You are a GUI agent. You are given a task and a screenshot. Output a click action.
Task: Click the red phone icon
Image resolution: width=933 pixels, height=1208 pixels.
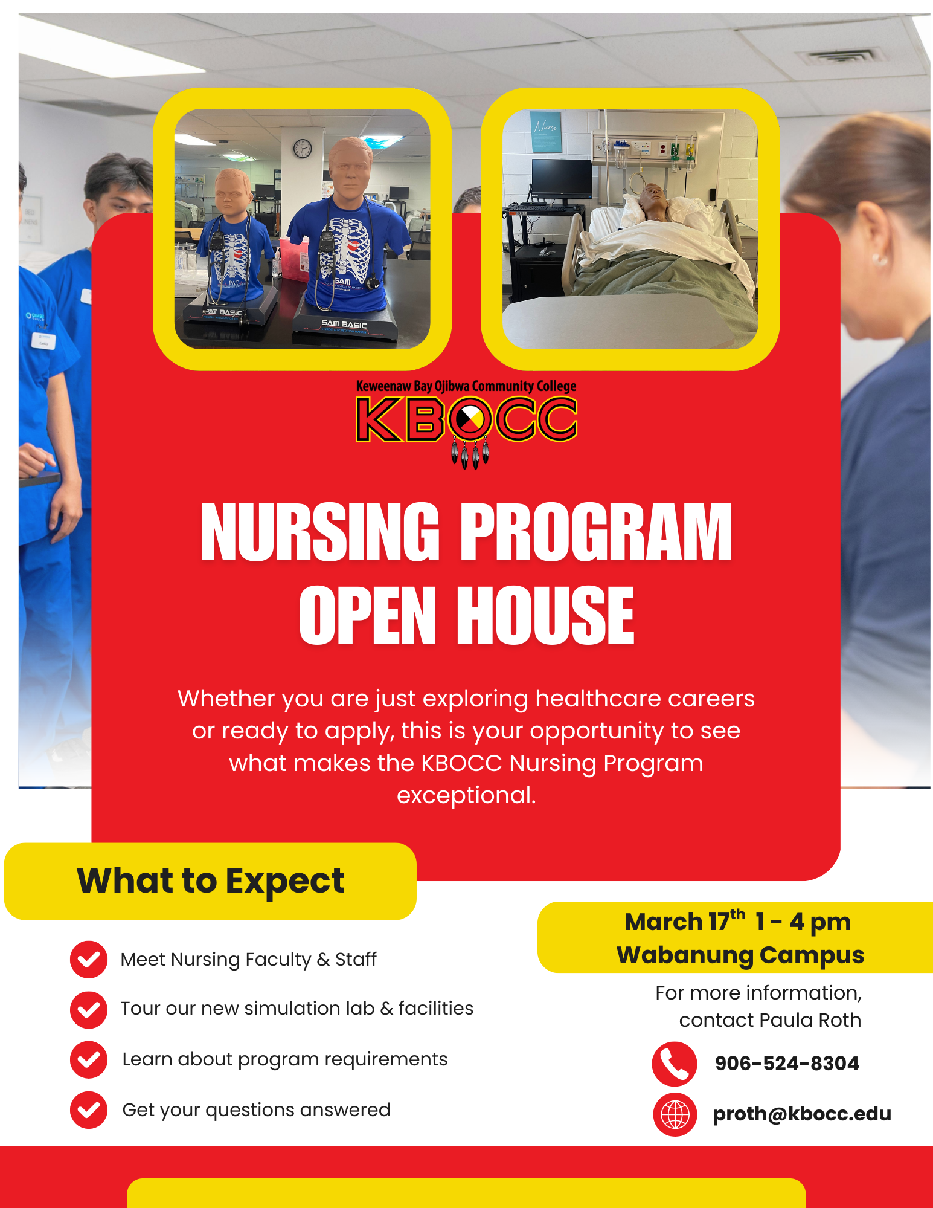pyautogui.click(x=675, y=1064)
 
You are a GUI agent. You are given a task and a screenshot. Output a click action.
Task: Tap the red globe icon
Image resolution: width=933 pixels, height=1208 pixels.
pyautogui.click(x=675, y=1114)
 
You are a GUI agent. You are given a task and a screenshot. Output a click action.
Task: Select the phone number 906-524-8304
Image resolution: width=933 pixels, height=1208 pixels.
pyautogui.click(x=787, y=1064)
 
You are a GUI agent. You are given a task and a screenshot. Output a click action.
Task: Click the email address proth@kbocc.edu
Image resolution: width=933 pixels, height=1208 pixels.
pyautogui.click(x=802, y=1114)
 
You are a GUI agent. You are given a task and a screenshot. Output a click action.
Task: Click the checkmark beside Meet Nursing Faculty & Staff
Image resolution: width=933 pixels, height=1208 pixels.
pyautogui.click(x=89, y=959)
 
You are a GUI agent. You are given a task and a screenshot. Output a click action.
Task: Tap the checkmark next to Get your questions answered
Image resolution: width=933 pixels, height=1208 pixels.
pyautogui.click(x=89, y=1110)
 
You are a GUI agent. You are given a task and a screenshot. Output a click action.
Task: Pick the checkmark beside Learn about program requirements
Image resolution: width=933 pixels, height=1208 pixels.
pyautogui.click(x=89, y=1059)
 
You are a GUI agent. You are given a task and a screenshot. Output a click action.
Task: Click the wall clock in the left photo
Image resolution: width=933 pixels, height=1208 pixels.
pyautogui.click(x=303, y=148)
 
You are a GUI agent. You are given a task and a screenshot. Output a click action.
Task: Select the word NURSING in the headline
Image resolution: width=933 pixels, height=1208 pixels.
pyautogui.click(x=320, y=532)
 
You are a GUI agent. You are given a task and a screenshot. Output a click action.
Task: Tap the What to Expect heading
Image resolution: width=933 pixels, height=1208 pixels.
pyautogui.click(x=210, y=880)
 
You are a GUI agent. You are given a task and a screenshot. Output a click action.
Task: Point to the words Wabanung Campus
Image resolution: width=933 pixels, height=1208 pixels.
pyautogui.click(x=740, y=955)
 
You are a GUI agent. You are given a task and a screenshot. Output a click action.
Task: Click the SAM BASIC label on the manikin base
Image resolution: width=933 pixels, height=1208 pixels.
pyautogui.click(x=344, y=325)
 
